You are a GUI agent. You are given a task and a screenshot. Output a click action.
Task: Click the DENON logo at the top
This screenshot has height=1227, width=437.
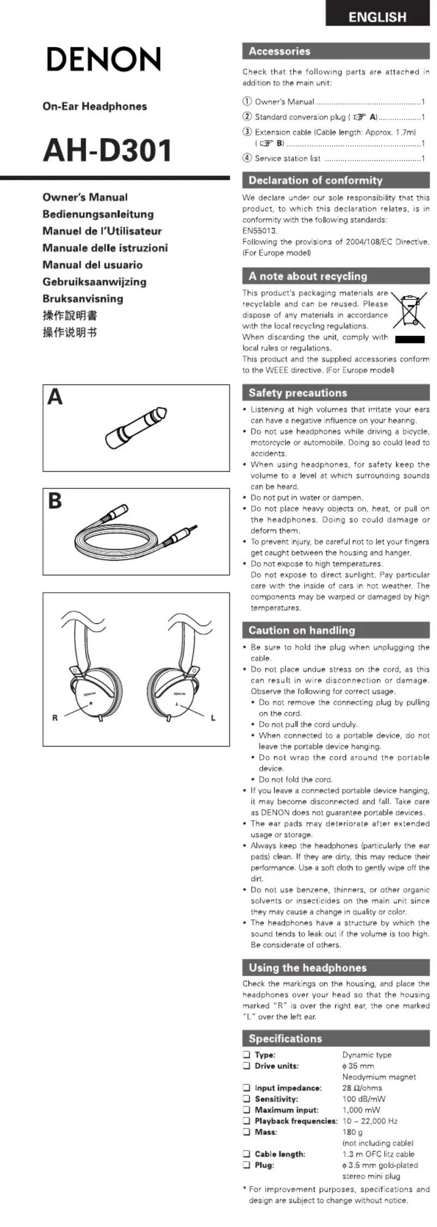coord(104,59)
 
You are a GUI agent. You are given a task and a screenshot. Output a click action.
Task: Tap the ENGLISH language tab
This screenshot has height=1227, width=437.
coord(377,17)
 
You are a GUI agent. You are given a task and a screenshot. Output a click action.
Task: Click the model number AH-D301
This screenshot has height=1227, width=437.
coord(107,151)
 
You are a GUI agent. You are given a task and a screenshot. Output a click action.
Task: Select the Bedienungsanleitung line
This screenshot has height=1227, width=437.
coord(98,214)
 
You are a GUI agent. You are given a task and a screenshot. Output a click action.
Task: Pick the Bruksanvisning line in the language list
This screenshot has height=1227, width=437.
coord(83,299)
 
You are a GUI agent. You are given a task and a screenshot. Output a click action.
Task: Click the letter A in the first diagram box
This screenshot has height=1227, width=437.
coord(55,397)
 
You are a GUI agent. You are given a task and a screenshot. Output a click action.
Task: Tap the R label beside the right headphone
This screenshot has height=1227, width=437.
coord(55,718)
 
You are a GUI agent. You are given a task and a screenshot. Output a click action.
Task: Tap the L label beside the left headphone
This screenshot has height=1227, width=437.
coord(213,718)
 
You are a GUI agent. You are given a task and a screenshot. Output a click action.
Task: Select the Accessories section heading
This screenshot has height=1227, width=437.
coord(280,51)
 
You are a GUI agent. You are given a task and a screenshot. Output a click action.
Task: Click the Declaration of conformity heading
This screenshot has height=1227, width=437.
coord(315,181)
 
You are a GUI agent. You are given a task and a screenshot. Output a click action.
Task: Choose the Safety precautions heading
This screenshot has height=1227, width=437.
coord(298,393)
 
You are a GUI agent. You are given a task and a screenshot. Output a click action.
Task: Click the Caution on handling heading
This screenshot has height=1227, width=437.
coord(301,630)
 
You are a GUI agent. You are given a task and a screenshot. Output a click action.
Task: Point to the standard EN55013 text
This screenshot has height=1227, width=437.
coord(260,231)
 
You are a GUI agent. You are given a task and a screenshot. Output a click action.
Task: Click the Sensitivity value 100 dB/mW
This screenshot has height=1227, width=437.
coord(363,1099)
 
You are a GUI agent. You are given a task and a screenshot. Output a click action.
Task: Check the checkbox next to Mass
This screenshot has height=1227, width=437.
coord(247,1132)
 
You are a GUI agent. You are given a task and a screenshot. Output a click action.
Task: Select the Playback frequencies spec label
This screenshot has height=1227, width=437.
coord(296,1121)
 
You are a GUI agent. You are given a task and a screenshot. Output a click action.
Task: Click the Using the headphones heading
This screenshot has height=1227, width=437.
coord(307,968)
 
